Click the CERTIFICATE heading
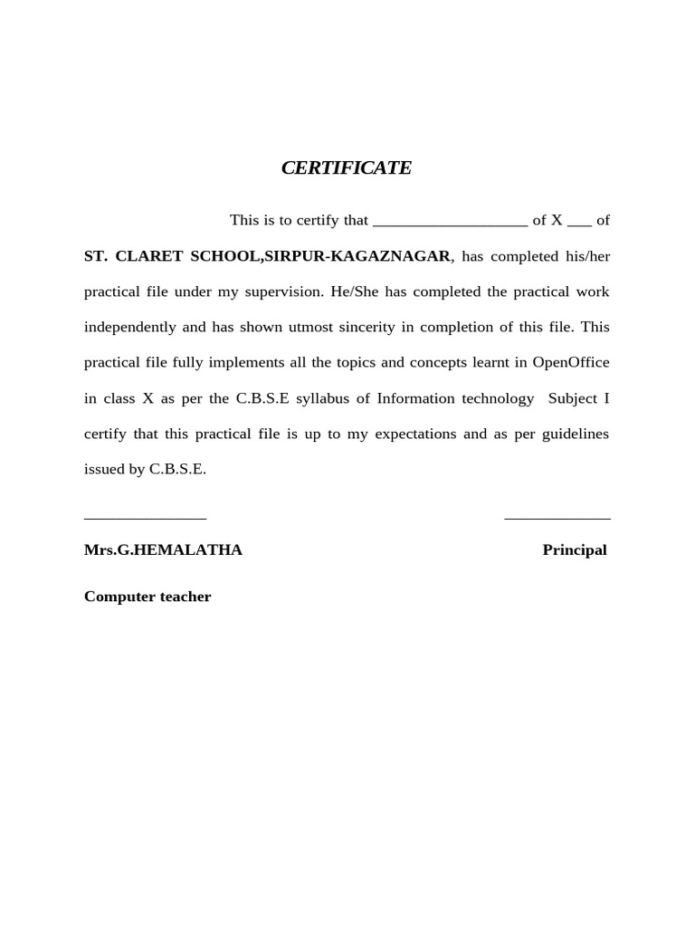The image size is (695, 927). click(347, 167)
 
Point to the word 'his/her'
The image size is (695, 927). click(587, 256)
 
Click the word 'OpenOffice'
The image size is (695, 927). click(570, 363)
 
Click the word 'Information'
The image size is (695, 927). click(418, 398)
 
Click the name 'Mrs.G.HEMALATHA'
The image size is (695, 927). click(163, 550)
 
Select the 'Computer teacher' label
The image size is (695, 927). click(148, 597)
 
